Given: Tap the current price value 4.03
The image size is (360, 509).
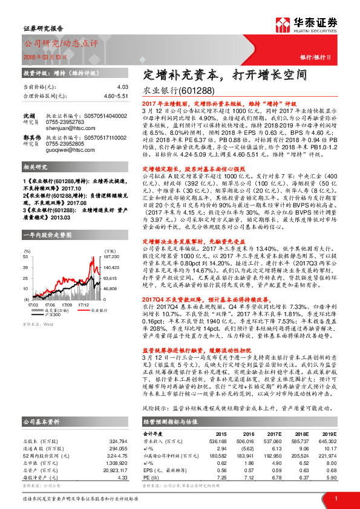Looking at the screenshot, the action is [123, 86].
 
